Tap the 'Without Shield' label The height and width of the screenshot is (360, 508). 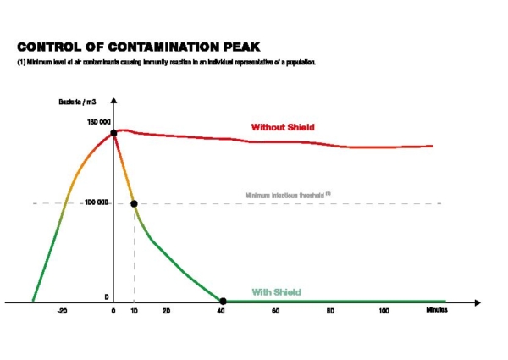283,127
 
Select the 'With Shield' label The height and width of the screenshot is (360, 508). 277,292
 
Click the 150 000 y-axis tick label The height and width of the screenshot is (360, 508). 98,123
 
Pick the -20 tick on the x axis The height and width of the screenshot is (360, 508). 62,312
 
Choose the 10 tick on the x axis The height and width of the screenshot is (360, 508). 134,312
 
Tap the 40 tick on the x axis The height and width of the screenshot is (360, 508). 221,312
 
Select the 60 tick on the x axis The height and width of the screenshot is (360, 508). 276,312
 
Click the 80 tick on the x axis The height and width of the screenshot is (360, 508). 331,312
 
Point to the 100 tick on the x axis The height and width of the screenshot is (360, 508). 384,312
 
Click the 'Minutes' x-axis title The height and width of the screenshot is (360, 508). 437,311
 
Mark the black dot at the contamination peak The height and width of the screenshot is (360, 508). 114,133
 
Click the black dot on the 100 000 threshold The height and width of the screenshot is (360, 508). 134,203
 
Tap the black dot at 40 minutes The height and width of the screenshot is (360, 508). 223,301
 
